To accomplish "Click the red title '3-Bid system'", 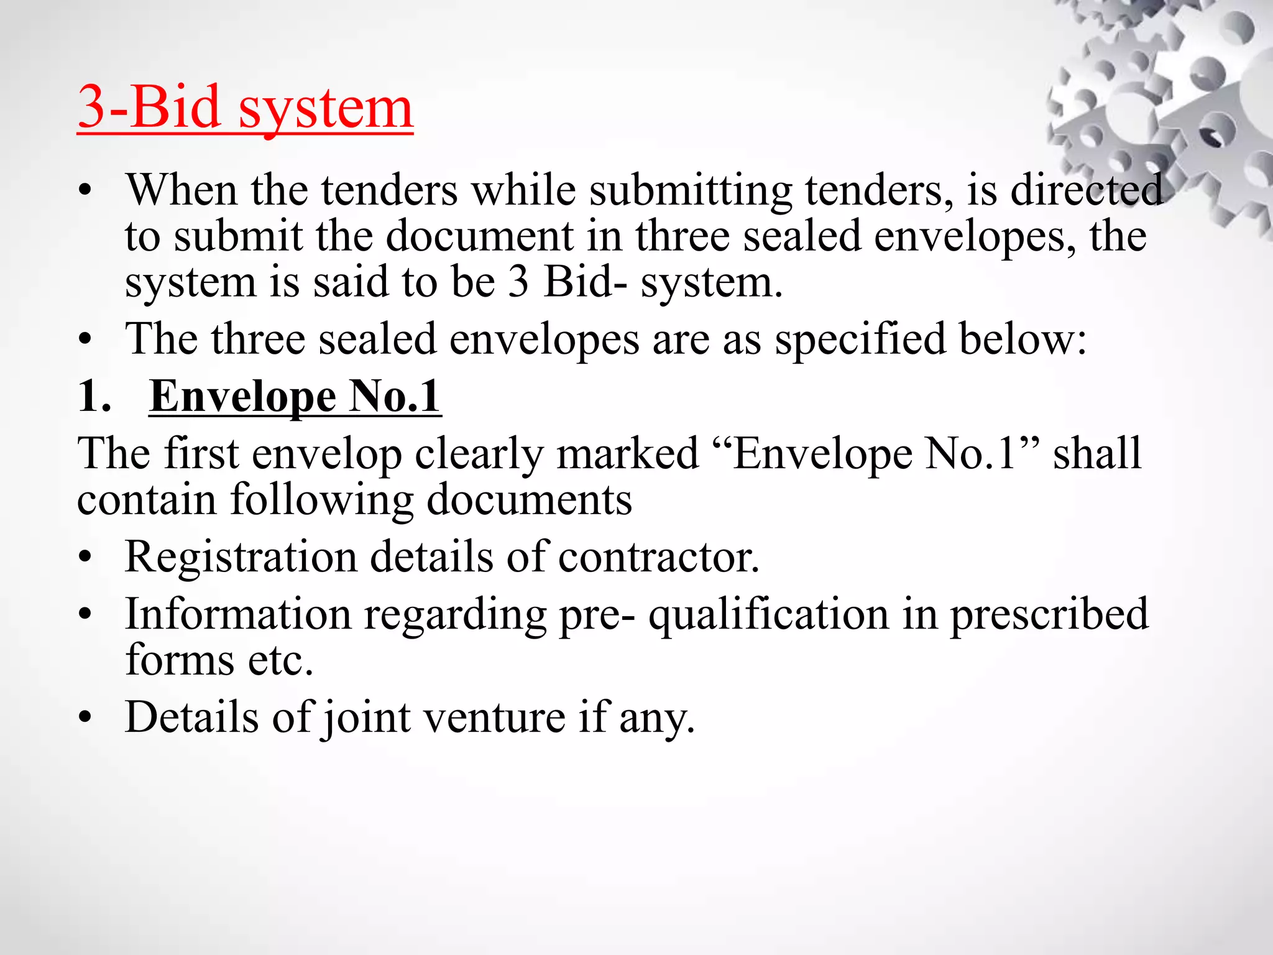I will (246, 108).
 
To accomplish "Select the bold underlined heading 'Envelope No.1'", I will (295, 396).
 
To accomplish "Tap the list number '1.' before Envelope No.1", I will (94, 396).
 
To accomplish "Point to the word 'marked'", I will (628, 453).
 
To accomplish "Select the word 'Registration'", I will (241, 557).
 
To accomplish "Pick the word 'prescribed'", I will (1050, 616).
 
